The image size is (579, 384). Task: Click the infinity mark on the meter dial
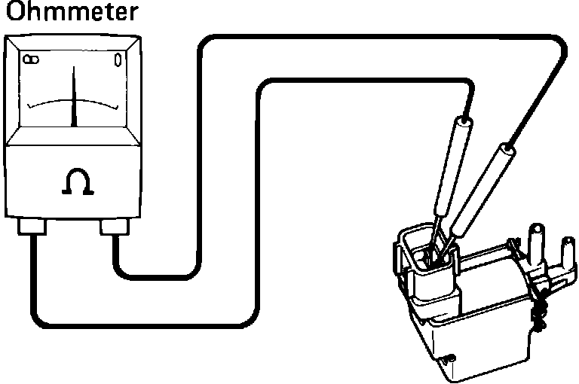click(x=31, y=59)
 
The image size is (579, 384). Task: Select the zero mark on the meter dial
click(x=118, y=59)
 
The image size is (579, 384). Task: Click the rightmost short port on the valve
click(x=565, y=252)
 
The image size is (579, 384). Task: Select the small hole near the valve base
click(x=450, y=358)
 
